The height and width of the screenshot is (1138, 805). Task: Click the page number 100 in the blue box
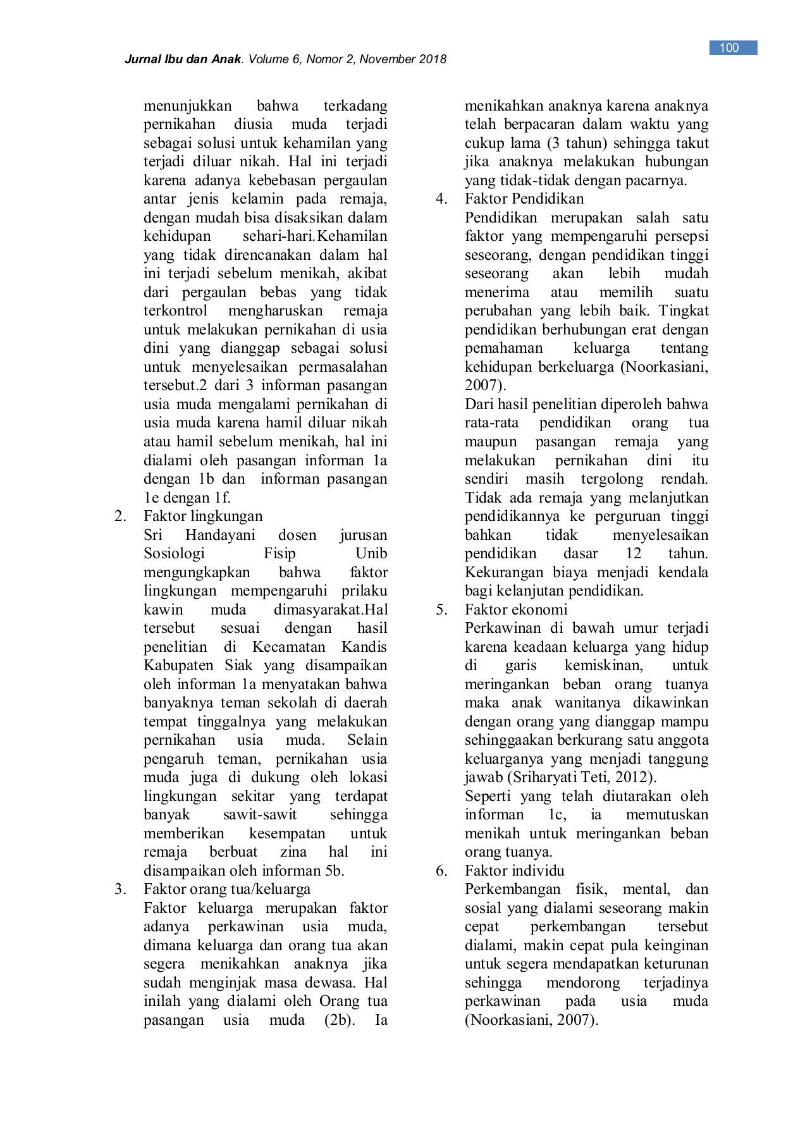pyautogui.click(x=729, y=48)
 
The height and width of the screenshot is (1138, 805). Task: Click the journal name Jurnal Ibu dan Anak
pyautogui.click(x=184, y=60)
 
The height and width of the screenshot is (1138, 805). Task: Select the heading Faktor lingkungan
pyautogui.click(x=203, y=516)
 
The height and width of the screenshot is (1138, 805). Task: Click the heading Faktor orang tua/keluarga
pyautogui.click(x=227, y=889)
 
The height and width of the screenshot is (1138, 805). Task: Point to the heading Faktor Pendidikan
pyautogui.click(x=524, y=199)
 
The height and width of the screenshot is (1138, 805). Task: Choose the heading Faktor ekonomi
pyautogui.click(x=516, y=609)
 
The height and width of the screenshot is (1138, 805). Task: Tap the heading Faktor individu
pyautogui.click(x=514, y=871)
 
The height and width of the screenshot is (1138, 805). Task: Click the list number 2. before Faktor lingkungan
pyautogui.click(x=121, y=516)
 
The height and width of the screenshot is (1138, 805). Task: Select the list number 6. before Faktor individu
pyautogui.click(x=441, y=871)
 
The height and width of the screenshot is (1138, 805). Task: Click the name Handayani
pyautogui.click(x=220, y=535)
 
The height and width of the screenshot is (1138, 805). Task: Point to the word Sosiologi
pyautogui.click(x=175, y=553)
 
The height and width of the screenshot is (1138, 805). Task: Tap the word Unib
pyautogui.click(x=372, y=553)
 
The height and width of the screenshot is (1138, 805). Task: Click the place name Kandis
pyautogui.click(x=364, y=647)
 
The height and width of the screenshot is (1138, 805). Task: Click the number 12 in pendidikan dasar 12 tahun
pyautogui.click(x=633, y=553)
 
